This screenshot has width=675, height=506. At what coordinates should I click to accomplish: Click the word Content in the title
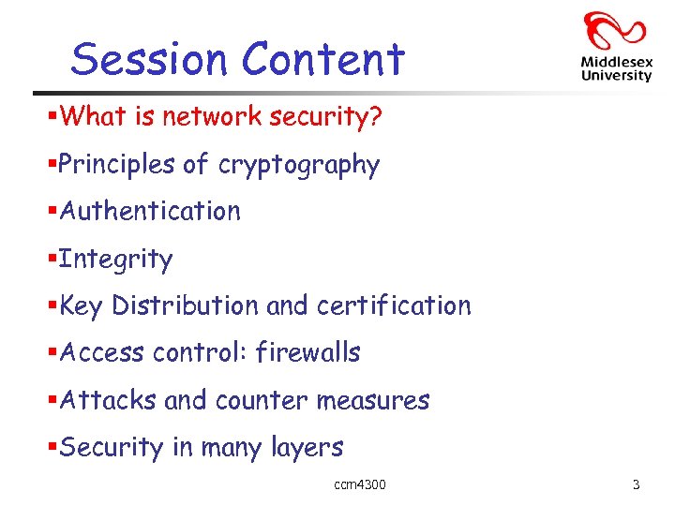pyautogui.click(x=323, y=59)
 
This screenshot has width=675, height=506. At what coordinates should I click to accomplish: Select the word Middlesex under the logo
pyautogui.click(x=616, y=63)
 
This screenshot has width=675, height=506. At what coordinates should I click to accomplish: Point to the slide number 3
pyautogui.click(x=637, y=484)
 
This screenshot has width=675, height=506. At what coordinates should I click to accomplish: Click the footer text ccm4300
pyautogui.click(x=360, y=484)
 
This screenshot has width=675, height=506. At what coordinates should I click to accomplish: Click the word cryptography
pyautogui.click(x=298, y=166)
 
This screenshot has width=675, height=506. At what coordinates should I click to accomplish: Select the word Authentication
pyautogui.click(x=150, y=212)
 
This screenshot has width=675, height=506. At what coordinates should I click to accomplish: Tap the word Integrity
pyautogui.click(x=115, y=260)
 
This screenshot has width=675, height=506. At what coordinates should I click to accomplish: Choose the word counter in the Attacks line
pyautogui.click(x=261, y=401)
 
